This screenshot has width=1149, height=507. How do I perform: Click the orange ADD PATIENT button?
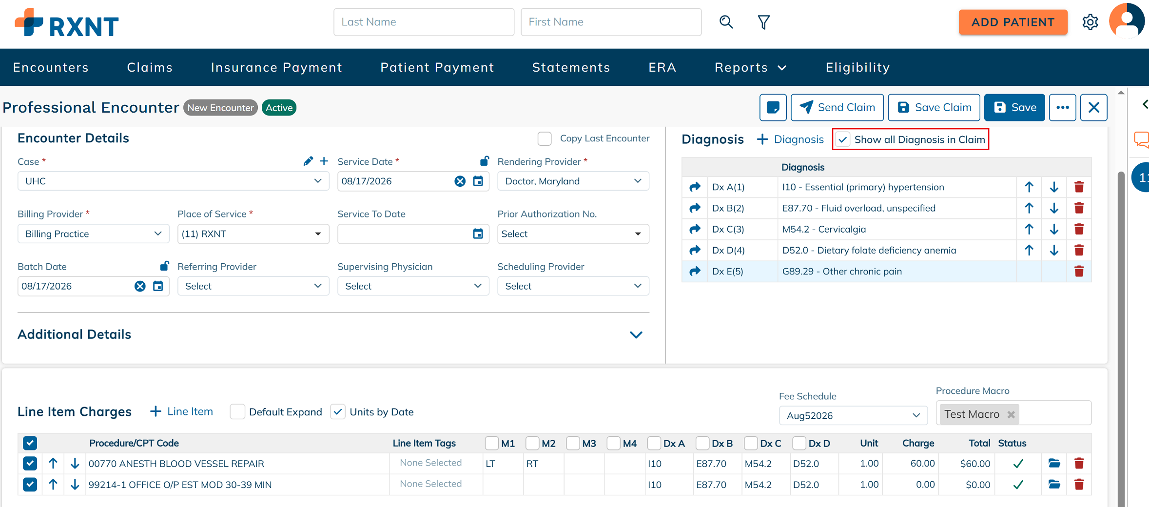1013,22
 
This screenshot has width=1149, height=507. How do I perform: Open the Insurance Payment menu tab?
276,67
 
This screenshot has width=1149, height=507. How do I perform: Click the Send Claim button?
837,107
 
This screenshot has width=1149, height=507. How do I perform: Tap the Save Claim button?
934,107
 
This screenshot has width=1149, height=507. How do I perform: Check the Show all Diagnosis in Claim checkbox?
843,139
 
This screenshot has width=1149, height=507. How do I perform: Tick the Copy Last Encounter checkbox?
545,138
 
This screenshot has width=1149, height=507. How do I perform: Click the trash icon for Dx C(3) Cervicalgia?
1079,229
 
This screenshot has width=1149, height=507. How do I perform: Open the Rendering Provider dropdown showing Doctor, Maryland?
573,181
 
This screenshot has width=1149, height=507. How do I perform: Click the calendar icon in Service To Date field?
478,234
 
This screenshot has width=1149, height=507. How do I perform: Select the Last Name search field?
424,22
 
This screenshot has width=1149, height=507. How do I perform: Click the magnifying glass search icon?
726,22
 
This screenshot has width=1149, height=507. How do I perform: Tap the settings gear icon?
1090,22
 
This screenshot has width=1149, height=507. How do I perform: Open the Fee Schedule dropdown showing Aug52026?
853,415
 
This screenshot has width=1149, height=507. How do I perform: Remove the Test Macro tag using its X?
1011,414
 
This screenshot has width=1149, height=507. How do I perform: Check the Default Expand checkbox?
237,412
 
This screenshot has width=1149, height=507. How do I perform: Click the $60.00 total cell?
975,464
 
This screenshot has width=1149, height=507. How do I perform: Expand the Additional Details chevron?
636,335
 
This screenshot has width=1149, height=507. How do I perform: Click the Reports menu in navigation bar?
750,67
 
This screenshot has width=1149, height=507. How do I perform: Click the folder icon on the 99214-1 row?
1054,485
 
